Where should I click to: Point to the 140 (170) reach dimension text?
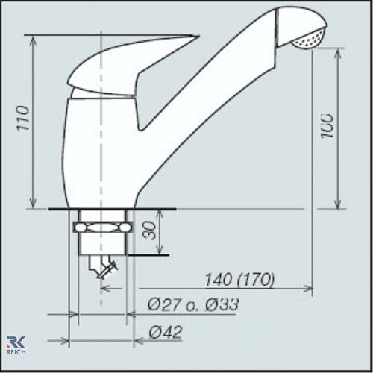coord(239,280)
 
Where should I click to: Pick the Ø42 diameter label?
coord(166,331)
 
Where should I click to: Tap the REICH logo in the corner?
coord(16,345)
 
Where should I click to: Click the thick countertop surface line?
coord(112,210)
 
